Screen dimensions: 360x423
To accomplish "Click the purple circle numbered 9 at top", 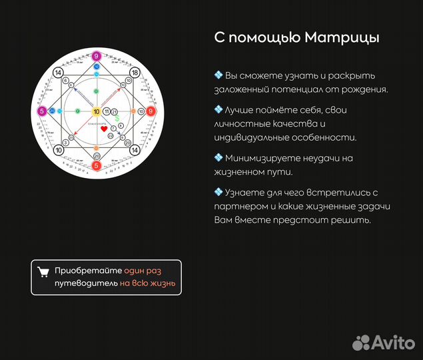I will [x=97, y=56].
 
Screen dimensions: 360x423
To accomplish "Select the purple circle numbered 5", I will [x=42, y=111].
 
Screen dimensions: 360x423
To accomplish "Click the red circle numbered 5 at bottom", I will [x=97, y=165].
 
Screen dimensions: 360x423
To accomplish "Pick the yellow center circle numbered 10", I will [x=97, y=111].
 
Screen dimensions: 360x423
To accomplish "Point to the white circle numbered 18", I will [x=135, y=72].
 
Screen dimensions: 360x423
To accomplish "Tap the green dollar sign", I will [x=117, y=118].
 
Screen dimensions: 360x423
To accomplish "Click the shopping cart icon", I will [x=43, y=271].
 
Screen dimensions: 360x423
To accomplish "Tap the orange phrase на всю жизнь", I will [x=148, y=283].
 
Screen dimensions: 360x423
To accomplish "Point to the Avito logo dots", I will [x=361, y=342].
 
